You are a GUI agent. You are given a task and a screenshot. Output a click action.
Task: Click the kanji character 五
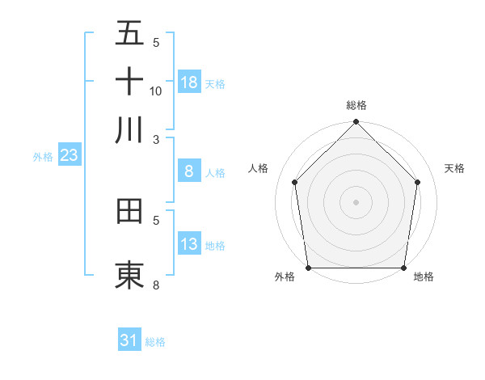tap(129, 34)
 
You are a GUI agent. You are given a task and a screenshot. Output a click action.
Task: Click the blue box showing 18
tap(189, 82)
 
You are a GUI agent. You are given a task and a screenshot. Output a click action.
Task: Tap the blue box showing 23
tap(69, 155)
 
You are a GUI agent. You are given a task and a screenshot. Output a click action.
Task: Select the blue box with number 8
tap(189, 171)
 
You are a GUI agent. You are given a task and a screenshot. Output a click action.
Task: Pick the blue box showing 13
tap(189, 244)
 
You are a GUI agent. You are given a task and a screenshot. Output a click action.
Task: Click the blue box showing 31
tap(129, 340)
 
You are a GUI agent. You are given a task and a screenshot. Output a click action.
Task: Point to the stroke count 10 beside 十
tap(156, 91)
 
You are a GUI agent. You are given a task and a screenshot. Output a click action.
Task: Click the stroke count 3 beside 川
tap(156, 139)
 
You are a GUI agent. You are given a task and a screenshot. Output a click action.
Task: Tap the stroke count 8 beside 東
tap(156, 285)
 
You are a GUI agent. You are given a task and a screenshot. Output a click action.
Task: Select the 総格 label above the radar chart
tap(356, 106)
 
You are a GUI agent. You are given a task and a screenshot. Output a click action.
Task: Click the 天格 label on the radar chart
tap(455, 168)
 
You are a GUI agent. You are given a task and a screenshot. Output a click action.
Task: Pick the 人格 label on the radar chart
tap(259, 168)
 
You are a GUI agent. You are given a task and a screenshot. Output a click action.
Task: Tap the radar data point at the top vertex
tap(356, 123)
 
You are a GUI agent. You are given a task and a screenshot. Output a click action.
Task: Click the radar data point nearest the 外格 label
tap(308, 268)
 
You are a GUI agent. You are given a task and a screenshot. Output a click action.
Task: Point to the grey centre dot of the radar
tap(356, 201)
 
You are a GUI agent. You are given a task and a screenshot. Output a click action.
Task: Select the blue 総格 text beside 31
tap(155, 342)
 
